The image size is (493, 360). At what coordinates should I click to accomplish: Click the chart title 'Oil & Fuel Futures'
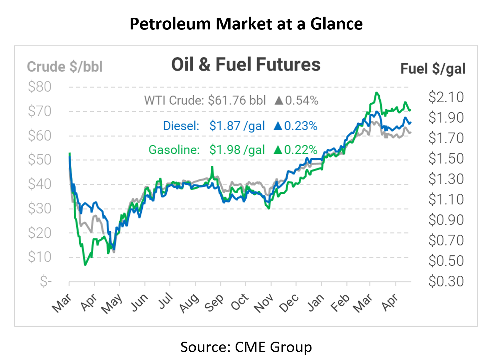point(246,65)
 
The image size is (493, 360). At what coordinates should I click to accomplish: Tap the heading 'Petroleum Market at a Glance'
point(246,24)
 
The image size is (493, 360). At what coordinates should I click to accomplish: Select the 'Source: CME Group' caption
point(246,347)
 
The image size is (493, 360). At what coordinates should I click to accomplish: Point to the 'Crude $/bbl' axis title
point(65,67)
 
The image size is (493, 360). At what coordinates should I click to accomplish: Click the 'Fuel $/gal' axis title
point(433,69)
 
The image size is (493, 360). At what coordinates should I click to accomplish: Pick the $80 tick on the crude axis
point(40,87)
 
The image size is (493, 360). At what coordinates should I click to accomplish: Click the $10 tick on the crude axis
point(40,257)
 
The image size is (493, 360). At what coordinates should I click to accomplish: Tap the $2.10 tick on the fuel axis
point(446,97)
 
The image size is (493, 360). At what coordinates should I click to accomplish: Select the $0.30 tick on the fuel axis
point(446,281)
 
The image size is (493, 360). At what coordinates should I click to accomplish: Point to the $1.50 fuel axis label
point(446,158)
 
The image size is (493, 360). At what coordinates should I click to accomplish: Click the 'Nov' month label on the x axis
point(264,303)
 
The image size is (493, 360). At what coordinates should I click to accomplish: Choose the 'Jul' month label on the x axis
point(166,300)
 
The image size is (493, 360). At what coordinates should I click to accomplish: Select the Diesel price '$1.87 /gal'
point(237,126)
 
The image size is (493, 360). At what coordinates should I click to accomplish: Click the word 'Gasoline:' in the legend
point(174,150)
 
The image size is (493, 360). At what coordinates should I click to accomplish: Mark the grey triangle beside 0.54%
point(279,101)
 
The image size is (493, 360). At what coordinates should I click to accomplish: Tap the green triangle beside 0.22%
point(278,150)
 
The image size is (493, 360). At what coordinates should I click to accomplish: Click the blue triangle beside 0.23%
point(278,126)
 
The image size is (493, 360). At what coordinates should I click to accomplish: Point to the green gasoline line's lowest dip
point(85,265)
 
